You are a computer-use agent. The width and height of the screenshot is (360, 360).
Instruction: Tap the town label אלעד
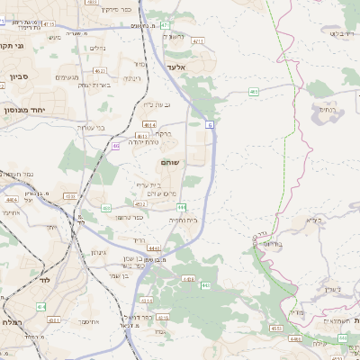pos(175,67)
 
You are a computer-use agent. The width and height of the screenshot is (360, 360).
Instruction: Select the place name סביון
pos(19,76)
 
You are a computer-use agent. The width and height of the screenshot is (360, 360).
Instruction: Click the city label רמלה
pos(11,321)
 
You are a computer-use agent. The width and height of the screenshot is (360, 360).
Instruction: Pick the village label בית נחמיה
pos(182,219)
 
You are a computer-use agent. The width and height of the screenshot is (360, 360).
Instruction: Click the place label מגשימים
pos(67,78)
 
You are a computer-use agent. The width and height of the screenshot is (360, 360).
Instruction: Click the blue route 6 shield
pos(209,124)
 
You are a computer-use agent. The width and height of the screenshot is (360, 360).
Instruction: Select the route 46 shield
pos(115,145)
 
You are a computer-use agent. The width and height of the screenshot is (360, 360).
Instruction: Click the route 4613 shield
pos(145,135)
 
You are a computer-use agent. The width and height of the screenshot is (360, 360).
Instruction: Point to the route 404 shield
pos(41,306)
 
